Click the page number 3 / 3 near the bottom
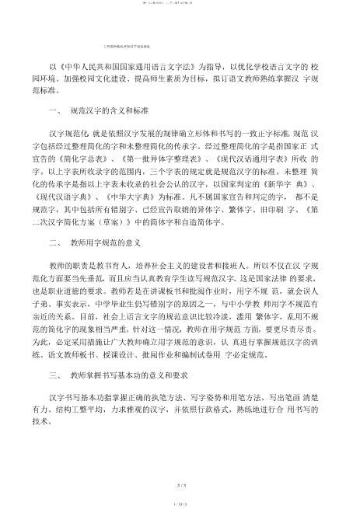click(180, 464)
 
